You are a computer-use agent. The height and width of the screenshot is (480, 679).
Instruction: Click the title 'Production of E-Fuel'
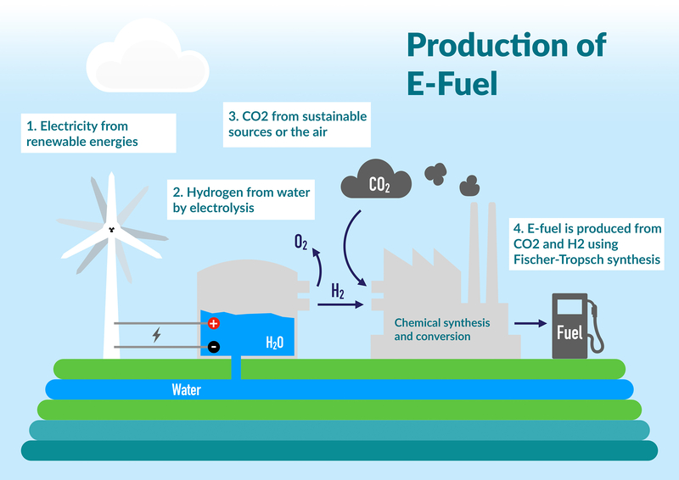click(506, 64)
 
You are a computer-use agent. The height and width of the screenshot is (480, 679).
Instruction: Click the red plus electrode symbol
click(214, 323)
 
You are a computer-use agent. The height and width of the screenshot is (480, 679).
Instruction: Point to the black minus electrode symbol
click(214, 346)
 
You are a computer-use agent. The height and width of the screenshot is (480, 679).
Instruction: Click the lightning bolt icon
click(156, 335)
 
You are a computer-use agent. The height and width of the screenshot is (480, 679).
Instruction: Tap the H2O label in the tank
click(275, 343)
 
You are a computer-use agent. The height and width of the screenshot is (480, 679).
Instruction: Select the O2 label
click(300, 243)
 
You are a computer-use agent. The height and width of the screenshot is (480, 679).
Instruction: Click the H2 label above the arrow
click(337, 293)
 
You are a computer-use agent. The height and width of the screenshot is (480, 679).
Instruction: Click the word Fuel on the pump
click(569, 332)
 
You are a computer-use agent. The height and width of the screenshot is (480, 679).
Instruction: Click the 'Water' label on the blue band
click(186, 390)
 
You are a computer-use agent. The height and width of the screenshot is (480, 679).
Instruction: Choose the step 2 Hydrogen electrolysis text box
click(238, 199)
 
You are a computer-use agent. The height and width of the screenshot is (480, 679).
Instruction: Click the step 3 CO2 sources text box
click(297, 123)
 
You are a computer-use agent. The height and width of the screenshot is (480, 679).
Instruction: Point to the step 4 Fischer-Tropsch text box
click(586, 243)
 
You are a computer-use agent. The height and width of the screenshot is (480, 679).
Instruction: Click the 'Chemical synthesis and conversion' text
click(442, 330)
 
